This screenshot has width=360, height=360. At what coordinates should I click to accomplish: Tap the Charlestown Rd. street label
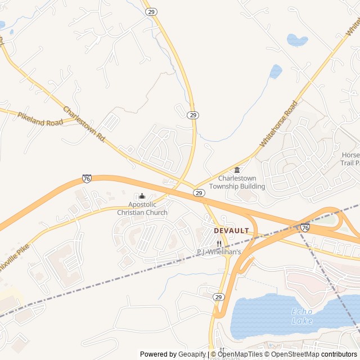pos(84,124)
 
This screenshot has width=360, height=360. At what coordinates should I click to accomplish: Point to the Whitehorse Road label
pos(278,124)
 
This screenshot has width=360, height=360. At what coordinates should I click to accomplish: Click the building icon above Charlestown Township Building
pos(237,170)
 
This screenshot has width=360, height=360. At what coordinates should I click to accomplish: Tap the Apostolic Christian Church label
pos(142,209)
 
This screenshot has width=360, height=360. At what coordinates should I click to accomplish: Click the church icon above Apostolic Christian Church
pos(142,196)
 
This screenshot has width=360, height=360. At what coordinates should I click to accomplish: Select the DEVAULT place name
pos(231,231)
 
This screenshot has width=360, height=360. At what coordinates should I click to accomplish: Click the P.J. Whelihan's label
pos(219,252)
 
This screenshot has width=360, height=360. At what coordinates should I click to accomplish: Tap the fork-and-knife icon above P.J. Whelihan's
pos(219,244)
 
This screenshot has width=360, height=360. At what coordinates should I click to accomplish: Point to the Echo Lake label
pos(302,316)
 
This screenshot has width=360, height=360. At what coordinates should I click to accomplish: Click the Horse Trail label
pos(350,159)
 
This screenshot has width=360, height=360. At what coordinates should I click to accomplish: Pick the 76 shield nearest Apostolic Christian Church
pos(87,178)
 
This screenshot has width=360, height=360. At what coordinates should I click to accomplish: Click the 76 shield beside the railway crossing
pos(304,227)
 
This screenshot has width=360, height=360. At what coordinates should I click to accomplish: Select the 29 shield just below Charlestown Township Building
pos(199,193)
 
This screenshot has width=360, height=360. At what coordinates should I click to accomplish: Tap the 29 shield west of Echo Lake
pos(219,296)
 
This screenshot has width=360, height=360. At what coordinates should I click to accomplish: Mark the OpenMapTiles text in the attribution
pos(241,354)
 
